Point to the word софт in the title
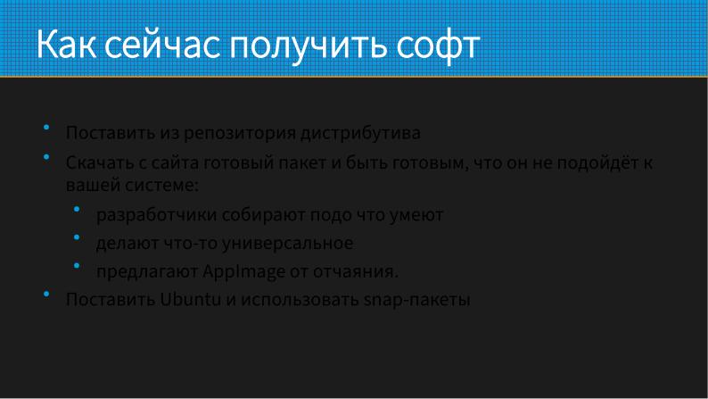pyautogui.click(x=439, y=45)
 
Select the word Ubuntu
pyautogui.click(x=190, y=300)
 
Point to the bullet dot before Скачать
pyautogui.click(x=45, y=156)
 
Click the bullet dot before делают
pyautogui.click(x=77, y=237)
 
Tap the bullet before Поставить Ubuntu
pyautogui.click(x=45, y=293)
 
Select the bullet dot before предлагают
pyautogui.click(x=77, y=265)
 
